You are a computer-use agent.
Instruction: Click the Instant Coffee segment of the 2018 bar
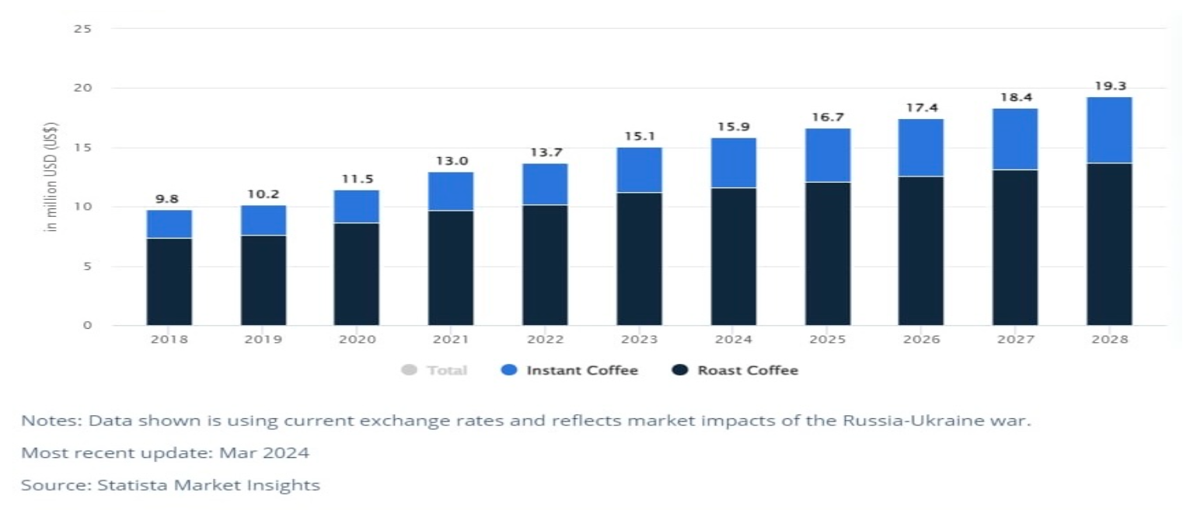(x=169, y=224)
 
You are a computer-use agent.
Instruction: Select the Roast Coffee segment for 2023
(x=639, y=259)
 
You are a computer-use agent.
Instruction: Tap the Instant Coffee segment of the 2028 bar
(x=1109, y=130)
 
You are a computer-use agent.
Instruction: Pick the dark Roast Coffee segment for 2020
(x=357, y=274)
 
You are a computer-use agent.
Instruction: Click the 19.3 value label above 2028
(x=1110, y=86)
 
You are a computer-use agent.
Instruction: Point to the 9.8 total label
(x=167, y=199)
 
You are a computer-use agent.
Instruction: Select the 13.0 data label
(x=452, y=161)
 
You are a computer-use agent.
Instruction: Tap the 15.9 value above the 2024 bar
(x=734, y=127)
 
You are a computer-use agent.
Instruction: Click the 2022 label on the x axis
(x=545, y=339)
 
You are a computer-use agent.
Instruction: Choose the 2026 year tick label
(x=922, y=339)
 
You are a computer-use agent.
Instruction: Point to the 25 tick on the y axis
(x=82, y=29)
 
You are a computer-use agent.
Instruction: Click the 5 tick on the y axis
(x=87, y=267)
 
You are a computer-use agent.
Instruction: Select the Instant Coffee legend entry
(x=569, y=370)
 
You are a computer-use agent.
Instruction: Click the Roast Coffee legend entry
(x=735, y=370)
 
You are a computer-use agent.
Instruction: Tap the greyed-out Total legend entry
(x=434, y=370)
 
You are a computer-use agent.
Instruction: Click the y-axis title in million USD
(x=51, y=177)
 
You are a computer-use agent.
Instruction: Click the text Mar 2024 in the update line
(x=264, y=453)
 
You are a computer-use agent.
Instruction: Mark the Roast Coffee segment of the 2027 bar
(x=1015, y=247)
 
